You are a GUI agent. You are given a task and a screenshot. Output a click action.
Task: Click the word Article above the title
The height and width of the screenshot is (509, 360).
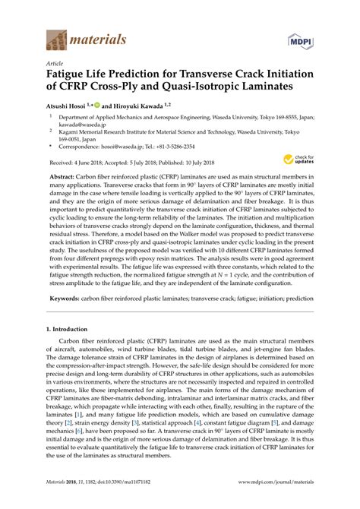coord(54,65)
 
